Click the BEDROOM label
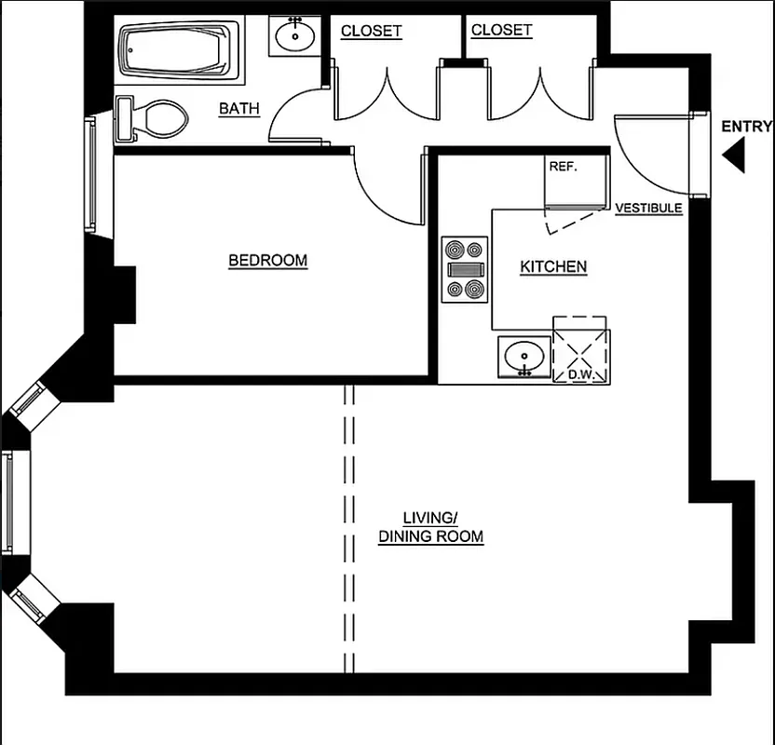point(267,261)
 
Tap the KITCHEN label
point(553,267)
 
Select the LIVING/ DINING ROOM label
point(430,527)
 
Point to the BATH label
point(239,109)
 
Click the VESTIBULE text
point(648,209)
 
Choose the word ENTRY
point(746,128)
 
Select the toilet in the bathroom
point(152,119)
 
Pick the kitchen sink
point(523,357)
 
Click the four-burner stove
point(465,269)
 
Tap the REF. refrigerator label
point(562,167)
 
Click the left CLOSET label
point(371,31)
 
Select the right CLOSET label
point(501,31)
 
